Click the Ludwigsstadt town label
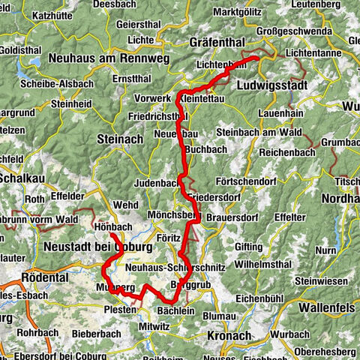[265, 85]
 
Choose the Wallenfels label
[327, 307]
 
